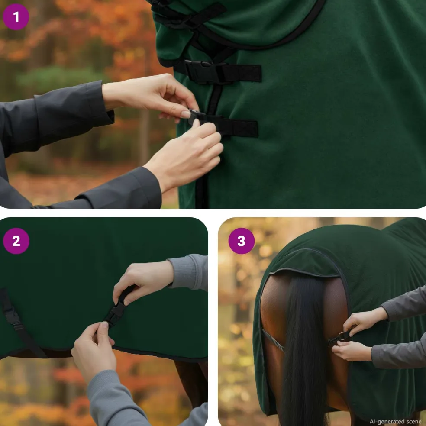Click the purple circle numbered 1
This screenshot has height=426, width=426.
tap(16, 17)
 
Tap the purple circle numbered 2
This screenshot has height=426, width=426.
tap(16, 241)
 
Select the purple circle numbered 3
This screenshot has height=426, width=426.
tap(242, 241)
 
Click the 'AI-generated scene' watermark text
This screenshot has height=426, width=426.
tap(395, 421)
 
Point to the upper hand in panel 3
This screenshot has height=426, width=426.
tap(363, 321)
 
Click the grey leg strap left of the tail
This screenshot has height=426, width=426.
tap(273, 339)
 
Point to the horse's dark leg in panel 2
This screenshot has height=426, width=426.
tap(191, 383)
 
